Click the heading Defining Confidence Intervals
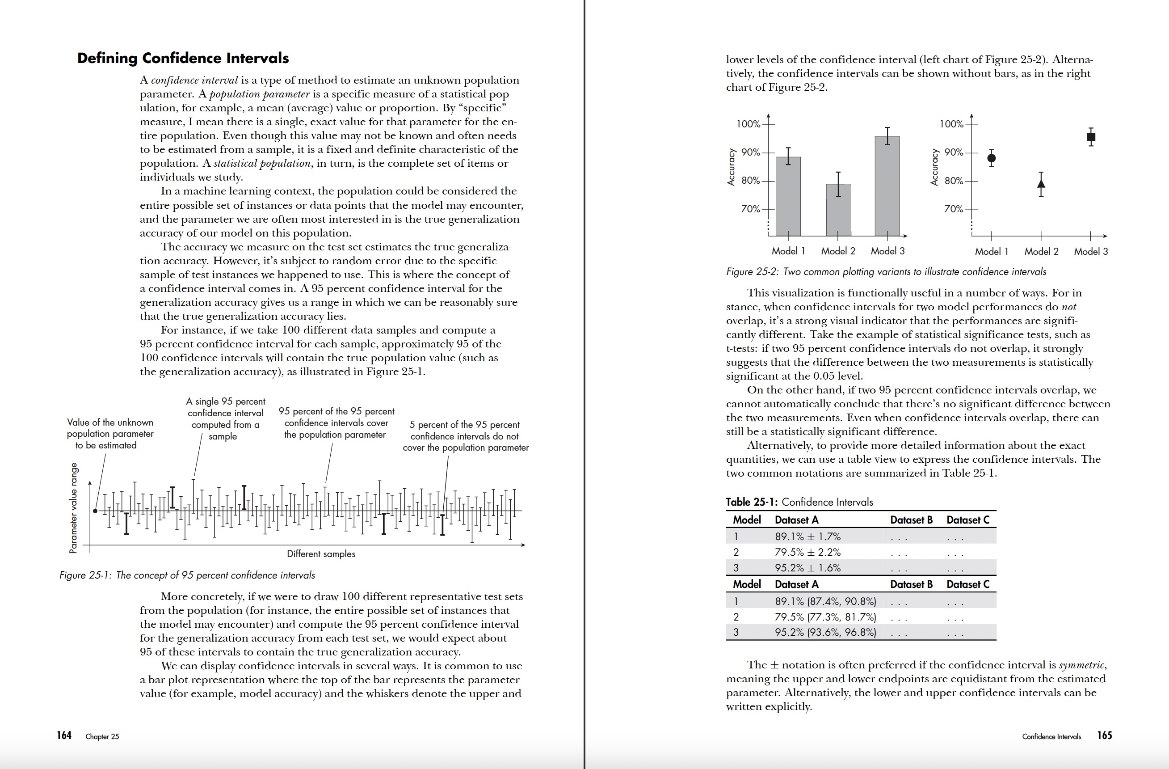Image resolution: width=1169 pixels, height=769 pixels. pyautogui.click(x=183, y=58)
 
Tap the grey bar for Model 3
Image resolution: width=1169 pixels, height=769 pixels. pyautogui.click(x=887, y=187)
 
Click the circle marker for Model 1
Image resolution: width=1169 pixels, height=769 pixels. pyautogui.click(x=991, y=158)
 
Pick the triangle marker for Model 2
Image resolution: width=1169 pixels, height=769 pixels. pyautogui.click(x=1041, y=184)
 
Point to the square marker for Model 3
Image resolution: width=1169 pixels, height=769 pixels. pyautogui.click(x=1091, y=137)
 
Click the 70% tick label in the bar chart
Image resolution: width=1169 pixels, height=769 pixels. pyautogui.click(x=750, y=209)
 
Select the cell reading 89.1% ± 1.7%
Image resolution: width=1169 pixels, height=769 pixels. pyautogui.click(x=807, y=537)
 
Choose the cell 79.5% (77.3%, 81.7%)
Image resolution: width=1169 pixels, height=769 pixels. pyautogui.click(x=825, y=617)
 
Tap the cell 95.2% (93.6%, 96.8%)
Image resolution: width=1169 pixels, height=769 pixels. pyautogui.click(x=825, y=632)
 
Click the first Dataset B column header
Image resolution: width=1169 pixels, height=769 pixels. pyautogui.click(x=911, y=520)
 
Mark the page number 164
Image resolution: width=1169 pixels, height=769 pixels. pyautogui.click(x=64, y=735)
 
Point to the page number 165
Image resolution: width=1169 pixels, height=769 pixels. pyautogui.click(x=1104, y=735)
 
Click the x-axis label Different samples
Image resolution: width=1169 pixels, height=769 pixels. pyautogui.click(x=321, y=554)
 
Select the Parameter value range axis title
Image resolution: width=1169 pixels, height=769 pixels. pyautogui.click(x=73, y=508)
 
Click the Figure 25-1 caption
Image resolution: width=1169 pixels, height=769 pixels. pyautogui.click(x=187, y=575)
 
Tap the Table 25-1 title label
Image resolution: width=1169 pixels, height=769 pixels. pyautogui.click(x=799, y=502)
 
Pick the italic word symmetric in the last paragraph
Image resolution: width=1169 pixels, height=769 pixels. pyautogui.click(x=1081, y=665)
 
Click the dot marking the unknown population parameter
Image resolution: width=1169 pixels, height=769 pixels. pyautogui.click(x=95, y=511)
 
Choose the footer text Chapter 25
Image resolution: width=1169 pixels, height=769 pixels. pyautogui.click(x=102, y=736)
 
